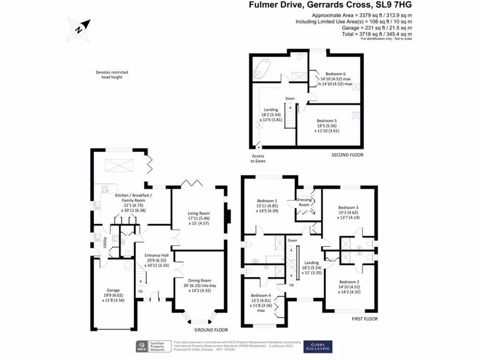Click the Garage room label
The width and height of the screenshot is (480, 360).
[x=113, y=290]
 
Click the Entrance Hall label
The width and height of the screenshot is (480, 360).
[x=156, y=255]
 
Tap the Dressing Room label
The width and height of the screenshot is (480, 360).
[x=304, y=202]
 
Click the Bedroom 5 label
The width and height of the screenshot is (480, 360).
[x=327, y=120]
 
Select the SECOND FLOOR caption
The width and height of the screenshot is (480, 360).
[x=347, y=155]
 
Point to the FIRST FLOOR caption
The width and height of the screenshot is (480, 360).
[x=364, y=319]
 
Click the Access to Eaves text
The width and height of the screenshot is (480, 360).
[x=258, y=158]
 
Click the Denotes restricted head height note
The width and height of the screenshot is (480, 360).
[x=112, y=75]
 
